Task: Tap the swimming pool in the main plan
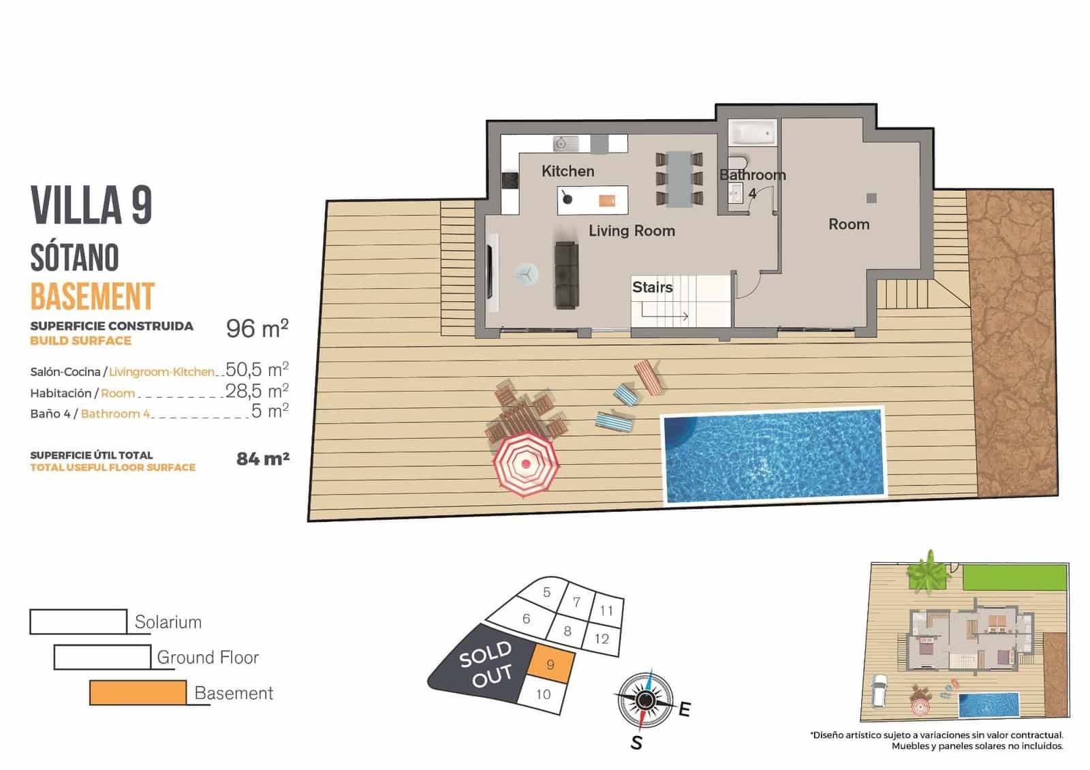pos(774,455)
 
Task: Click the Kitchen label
pos(567,171)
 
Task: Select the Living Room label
pos(632,231)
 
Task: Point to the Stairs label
pos(652,288)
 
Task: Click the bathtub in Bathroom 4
pos(752,133)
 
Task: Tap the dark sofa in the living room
pos(566,275)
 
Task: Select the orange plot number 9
pos(550,664)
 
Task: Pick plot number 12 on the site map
pos(602,639)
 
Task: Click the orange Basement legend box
pos(138,692)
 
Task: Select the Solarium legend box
pos(78,621)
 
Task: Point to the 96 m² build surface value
pos(257,328)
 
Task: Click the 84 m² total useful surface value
pos(262,459)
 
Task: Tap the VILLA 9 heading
pos(91,204)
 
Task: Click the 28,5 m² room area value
pos(257,391)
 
